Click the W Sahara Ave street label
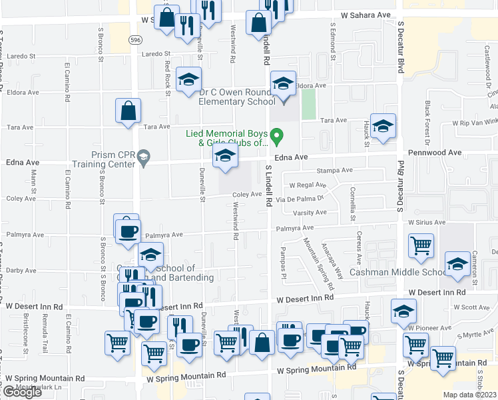point(365,14)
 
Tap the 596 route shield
point(136,40)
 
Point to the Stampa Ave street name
point(334,171)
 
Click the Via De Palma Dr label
point(305,198)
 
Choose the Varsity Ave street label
point(312,213)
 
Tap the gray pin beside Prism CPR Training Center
point(143,158)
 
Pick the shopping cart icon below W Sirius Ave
point(421,245)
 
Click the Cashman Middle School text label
point(398,272)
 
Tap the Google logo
point(22,392)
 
